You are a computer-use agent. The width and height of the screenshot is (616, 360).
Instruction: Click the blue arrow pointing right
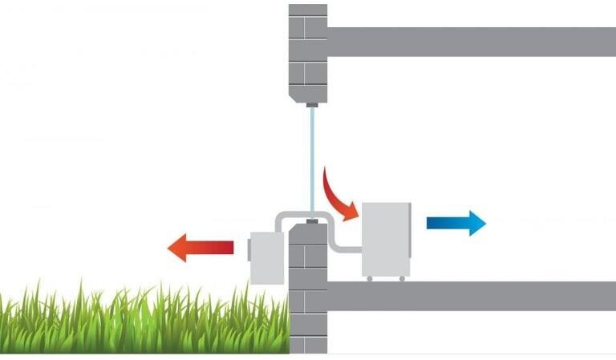tap(454, 223)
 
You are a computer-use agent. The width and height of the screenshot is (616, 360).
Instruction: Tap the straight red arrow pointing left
tap(201, 247)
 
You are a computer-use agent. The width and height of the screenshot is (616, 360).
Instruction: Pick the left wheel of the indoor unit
tap(370, 279)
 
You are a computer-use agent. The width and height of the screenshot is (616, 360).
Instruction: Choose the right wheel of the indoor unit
tap(402, 279)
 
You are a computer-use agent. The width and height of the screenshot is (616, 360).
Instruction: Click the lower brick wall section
tap(309, 289)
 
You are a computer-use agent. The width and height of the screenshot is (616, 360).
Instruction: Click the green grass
tap(144, 321)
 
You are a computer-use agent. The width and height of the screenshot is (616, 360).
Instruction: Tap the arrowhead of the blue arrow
tap(476, 223)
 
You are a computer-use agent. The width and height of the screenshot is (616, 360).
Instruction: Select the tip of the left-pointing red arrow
tap(171, 247)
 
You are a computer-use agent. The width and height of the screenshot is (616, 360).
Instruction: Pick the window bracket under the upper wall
tap(312, 104)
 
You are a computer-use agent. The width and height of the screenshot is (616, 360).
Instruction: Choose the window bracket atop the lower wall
tap(312, 220)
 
